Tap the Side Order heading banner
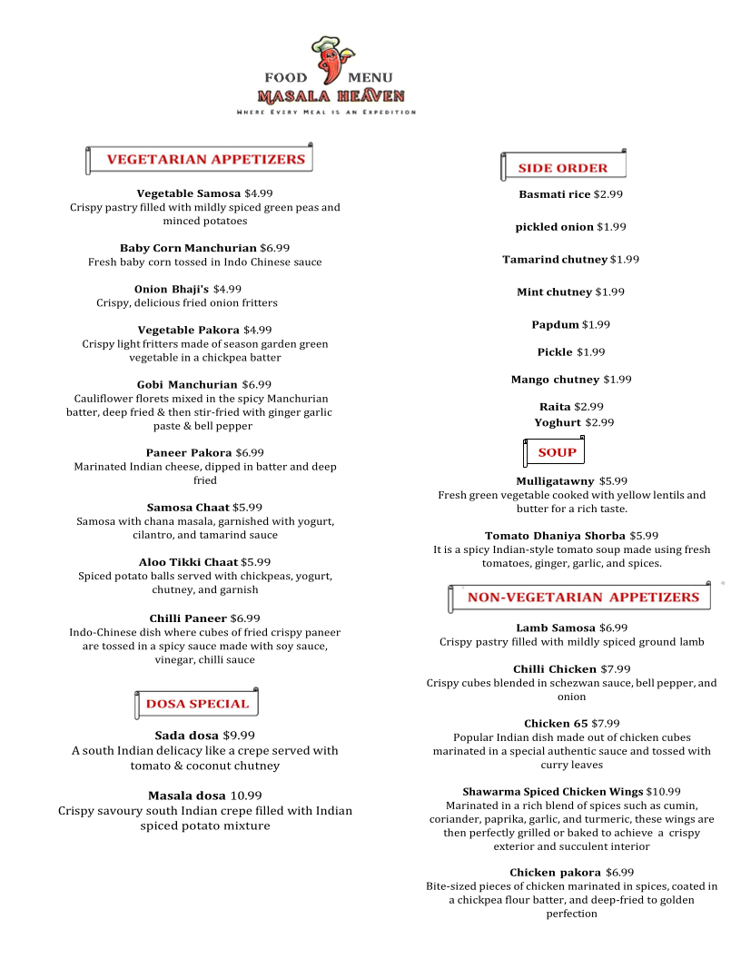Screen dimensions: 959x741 point(563,168)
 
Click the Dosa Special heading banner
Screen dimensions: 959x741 point(196,704)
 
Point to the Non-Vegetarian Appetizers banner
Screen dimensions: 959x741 point(581,598)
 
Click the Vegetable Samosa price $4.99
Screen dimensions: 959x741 point(259,193)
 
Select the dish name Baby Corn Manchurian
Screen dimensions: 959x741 point(188,248)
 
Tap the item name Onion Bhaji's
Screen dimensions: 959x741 point(171,289)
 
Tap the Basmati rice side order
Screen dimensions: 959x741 point(554,194)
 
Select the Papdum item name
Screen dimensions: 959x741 point(555,324)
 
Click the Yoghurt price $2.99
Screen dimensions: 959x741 point(599,422)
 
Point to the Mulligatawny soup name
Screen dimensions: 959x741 point(555,481)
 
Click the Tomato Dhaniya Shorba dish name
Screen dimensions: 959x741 point(555,536)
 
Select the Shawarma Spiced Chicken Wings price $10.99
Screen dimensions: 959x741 point(664,792)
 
